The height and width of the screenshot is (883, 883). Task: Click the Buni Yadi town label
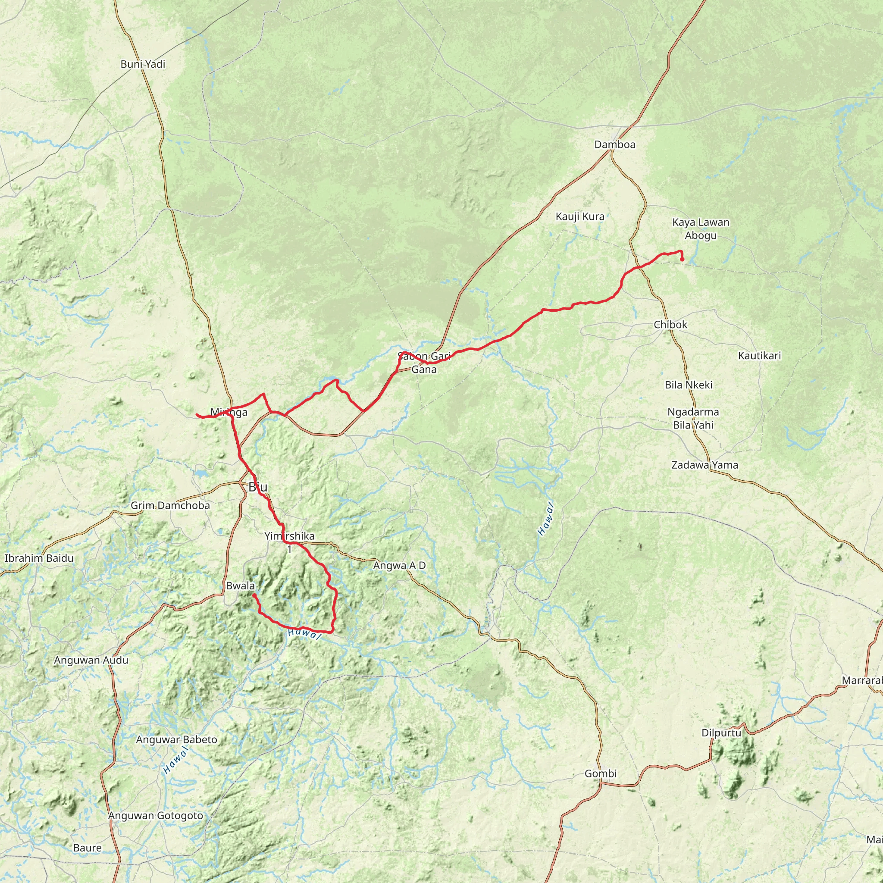tap(143, 64)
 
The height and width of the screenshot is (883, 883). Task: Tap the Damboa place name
tap(615, 145)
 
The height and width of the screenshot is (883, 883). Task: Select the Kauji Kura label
tap(580, 216)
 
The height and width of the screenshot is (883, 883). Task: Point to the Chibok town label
tap(670, 325)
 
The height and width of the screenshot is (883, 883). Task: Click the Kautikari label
tap(760, 356)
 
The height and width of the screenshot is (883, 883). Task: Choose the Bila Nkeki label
tap(688, 385)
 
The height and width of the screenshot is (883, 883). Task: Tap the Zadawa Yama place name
tap(705, 465)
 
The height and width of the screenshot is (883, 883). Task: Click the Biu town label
tap(258, 487)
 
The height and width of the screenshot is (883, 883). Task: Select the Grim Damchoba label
tap(170, 506)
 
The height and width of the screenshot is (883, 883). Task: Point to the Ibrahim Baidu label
tap(39, 558)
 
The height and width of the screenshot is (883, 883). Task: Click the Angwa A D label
tap(399, 566)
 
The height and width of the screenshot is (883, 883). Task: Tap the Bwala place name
tap(240, 586)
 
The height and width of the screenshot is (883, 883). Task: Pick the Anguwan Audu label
tap(91, 661)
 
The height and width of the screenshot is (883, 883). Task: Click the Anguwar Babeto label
tap(176, 740)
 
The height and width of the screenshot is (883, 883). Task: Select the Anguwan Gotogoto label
tap(155, 816)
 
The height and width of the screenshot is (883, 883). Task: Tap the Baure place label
tap(87, 848)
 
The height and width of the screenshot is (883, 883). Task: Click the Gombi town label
tap(601, 774)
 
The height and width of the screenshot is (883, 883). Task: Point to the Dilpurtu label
tap(721, 733)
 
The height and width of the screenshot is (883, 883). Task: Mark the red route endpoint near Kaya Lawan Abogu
tap(682, 260)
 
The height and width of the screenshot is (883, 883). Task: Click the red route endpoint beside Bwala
tap(254, 595)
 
